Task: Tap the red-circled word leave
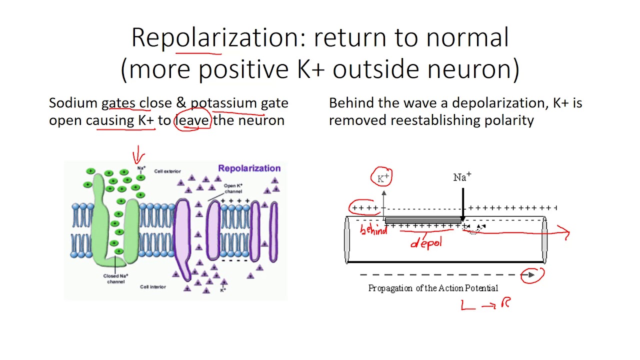[192, 120]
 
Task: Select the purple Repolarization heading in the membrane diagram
[249, 168]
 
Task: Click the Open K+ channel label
[233, 188]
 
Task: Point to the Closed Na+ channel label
[115, 278]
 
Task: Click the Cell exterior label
[167, 171]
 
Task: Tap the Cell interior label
[153, 287]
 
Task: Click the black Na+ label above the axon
[462, 177]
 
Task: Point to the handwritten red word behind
[373, 230]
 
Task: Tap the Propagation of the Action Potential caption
[433, 288]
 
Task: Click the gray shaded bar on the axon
[423, 220]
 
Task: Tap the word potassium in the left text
[224, 103]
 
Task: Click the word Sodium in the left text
[73, 103]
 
